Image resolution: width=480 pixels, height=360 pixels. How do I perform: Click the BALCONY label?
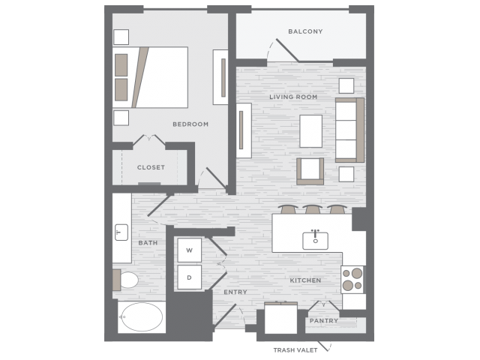[305, 31]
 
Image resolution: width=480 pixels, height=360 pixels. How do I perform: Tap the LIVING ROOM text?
[293, 97]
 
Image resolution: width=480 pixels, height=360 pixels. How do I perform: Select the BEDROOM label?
[190, 124]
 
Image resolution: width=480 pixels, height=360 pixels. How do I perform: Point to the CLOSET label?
[151, 167]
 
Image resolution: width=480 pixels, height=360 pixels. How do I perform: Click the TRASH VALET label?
[295, 350]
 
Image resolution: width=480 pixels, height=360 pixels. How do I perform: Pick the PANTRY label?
[323, 321]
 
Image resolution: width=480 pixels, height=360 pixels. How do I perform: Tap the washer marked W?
[190, 250]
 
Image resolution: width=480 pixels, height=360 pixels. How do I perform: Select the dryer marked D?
[190, 277]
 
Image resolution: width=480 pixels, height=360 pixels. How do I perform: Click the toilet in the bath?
[126, 280]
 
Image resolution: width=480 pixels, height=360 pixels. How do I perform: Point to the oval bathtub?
[141, 317]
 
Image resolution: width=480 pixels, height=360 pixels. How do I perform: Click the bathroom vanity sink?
[121, 232]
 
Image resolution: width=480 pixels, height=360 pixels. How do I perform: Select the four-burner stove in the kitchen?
[352, 280]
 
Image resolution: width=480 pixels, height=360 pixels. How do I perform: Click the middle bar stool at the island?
[312, 209]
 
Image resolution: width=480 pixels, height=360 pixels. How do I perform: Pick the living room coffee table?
[310, 131]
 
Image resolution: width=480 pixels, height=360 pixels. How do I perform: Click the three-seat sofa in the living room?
[350, 130]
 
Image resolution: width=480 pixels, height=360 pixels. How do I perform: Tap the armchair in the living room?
[310, 172]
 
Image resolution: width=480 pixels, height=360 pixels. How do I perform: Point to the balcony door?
[287, 50]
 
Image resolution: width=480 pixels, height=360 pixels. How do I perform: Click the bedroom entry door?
[216, 178]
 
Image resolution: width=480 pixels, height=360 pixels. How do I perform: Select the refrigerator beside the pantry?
[280, 318]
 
